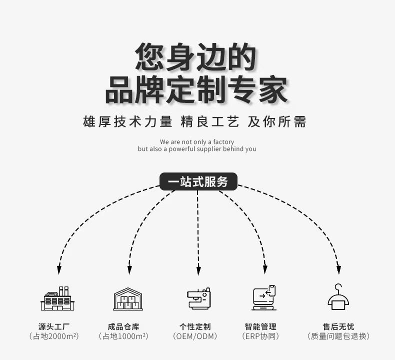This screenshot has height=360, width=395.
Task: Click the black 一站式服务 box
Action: [x=198, y=181]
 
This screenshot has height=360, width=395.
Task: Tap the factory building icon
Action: [x=57, y=298]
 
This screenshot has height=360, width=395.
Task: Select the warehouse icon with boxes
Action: [x=128, y=299]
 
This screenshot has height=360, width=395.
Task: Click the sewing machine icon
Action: [x=199, y=298]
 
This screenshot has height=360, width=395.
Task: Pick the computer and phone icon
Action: [x=264, y=298]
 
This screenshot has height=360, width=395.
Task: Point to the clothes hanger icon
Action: [x=338, y=297]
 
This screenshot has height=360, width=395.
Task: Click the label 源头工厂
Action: [x=54, y=326]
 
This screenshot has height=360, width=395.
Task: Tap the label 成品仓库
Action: [x=123, y=326]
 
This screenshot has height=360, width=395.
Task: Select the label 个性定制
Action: [x=195, y=326]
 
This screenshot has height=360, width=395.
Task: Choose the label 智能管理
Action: [x=260, y=326]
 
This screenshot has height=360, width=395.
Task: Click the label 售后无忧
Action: [x=338, y=326]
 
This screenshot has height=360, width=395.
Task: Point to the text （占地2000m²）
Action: [x=54, y=336]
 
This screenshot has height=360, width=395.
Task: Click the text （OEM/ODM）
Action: [x=195, y=336]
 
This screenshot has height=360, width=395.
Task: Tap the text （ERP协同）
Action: [x=260, y=336]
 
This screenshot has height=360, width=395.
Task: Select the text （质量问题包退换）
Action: [x=338, y=336]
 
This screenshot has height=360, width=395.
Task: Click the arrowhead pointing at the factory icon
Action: [x=59, y=270]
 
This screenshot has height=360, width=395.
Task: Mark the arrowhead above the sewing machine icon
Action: [x=198, y=270]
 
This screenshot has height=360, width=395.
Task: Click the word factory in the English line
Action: [x=223, y=142]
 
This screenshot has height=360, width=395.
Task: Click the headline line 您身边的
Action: [x=195, y=56]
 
